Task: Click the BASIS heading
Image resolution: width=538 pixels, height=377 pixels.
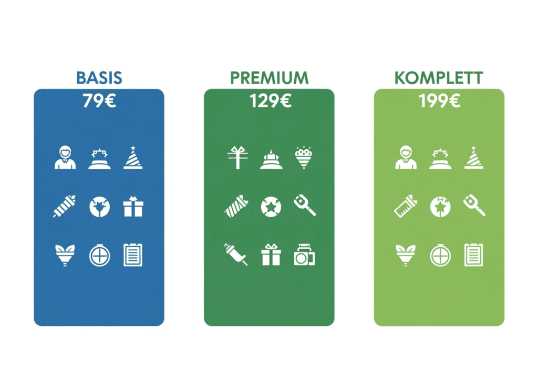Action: tap(99, 78)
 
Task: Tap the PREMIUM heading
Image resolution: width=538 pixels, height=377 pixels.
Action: tap(270, 78)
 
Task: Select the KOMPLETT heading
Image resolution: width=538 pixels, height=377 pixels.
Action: tap(439, 78)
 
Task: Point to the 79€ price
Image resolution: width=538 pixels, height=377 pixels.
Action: tap(99, 101)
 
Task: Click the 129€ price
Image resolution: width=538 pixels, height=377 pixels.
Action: tap(271, 101)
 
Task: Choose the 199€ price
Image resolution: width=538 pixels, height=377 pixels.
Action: tap(440, 101)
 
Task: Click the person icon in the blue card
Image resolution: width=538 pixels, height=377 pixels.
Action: tap(65, 157)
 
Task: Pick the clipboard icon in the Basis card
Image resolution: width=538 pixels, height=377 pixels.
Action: tap(133, 255)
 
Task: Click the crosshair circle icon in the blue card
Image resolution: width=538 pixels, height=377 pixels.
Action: tap(99, 256)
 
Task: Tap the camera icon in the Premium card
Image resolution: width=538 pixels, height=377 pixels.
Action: tap(304, 255)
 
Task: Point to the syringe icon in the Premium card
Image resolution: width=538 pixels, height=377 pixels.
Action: tap(236, 254)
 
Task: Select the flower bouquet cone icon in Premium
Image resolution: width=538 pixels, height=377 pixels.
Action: tap(304, 158)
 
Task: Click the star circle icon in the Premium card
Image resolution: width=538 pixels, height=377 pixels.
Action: tap(271, 207)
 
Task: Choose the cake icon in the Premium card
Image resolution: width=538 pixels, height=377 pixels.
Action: tap(271, 159)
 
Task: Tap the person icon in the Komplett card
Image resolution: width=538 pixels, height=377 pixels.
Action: tap(406, 157)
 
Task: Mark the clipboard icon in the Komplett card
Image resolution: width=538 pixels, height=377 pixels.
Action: tap(473, 255)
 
